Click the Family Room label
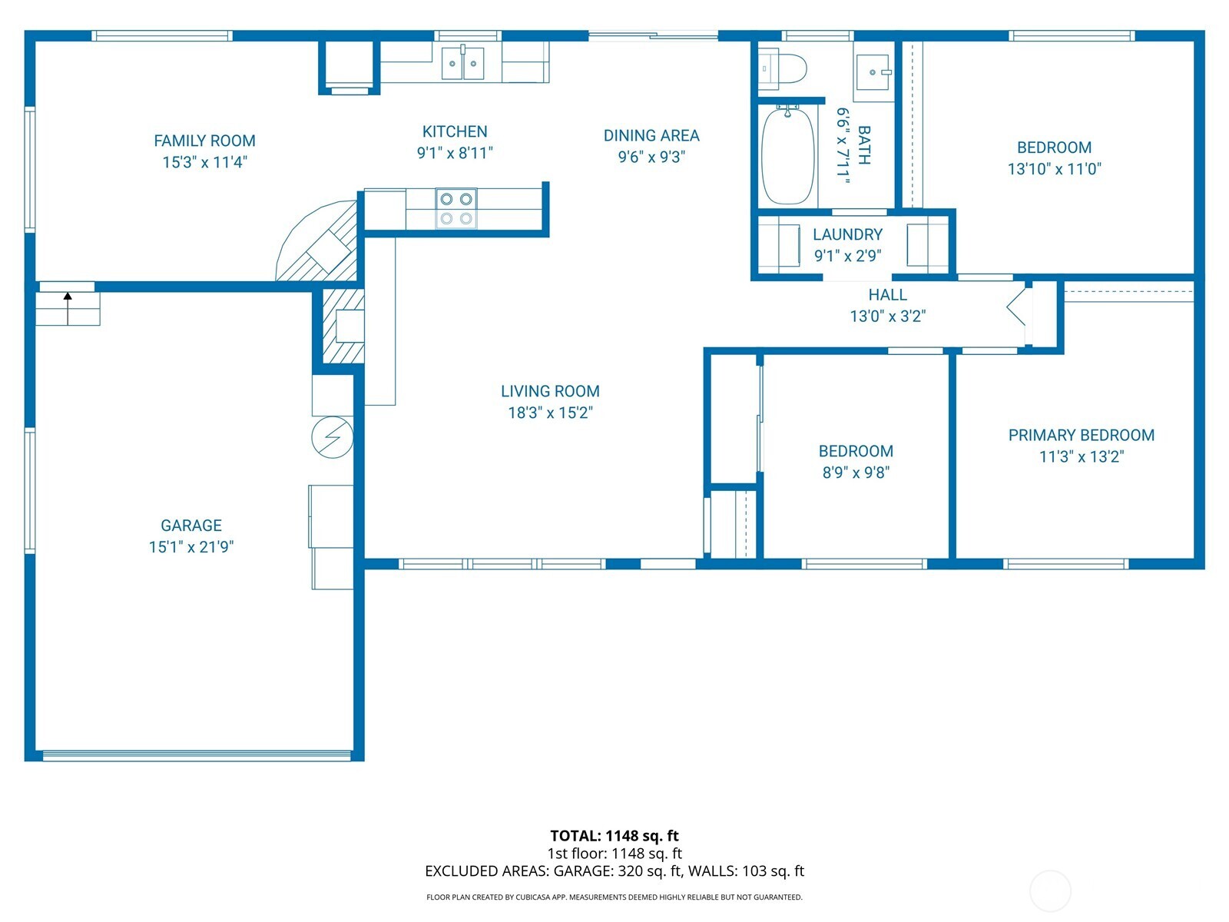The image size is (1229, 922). (204, 141)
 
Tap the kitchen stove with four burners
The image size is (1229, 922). (456, 209)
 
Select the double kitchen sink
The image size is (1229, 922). (463, 63)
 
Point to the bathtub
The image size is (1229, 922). (787, 155)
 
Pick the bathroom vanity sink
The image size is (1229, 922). (873, 72)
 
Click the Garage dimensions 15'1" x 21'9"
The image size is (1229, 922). (191, 547)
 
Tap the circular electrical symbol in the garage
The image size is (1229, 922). (332, 438)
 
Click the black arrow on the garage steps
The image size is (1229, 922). (68, 297)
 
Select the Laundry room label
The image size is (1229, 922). (847, 234)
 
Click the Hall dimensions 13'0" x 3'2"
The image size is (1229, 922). (887, 316)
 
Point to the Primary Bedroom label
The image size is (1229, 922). (1081, 435)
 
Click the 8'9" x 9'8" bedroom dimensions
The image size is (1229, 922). (855, 473)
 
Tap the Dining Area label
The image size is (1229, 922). (651, 136)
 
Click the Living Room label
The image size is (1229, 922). (550, 391)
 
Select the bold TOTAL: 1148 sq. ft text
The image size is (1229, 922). (614, 835)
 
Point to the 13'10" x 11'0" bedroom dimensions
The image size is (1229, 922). (1054, 169)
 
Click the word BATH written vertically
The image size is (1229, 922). (863, 145)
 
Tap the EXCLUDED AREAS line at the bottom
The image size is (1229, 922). (614, 871)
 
